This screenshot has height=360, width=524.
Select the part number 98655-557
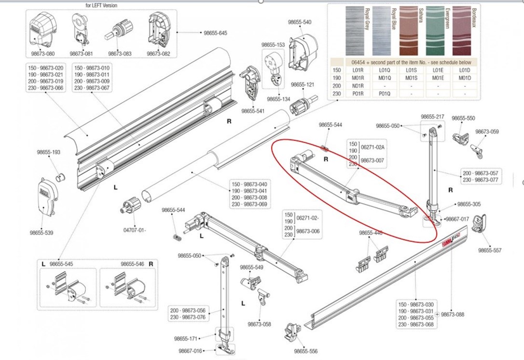pyautogui.click(x=490, y=250)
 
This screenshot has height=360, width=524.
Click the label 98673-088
pyautogui.click(x=453, y=314)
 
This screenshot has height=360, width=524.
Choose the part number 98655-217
pyautogui.click(x=432, y=117)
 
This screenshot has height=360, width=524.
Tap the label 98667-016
pyautogui.click(x=190, y=351)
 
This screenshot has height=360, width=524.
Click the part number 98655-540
pyautogui.click(x=300, y=22)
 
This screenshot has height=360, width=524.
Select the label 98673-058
pyautogui.click(x=259, y=324)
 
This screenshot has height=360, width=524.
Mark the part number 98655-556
pyautogui.click(x=306, y=351)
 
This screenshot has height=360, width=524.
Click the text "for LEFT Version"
pyautogui.click(x=101, y=5)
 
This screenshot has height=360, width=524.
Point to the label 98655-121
pyautogui.click(x=303, y=84)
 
